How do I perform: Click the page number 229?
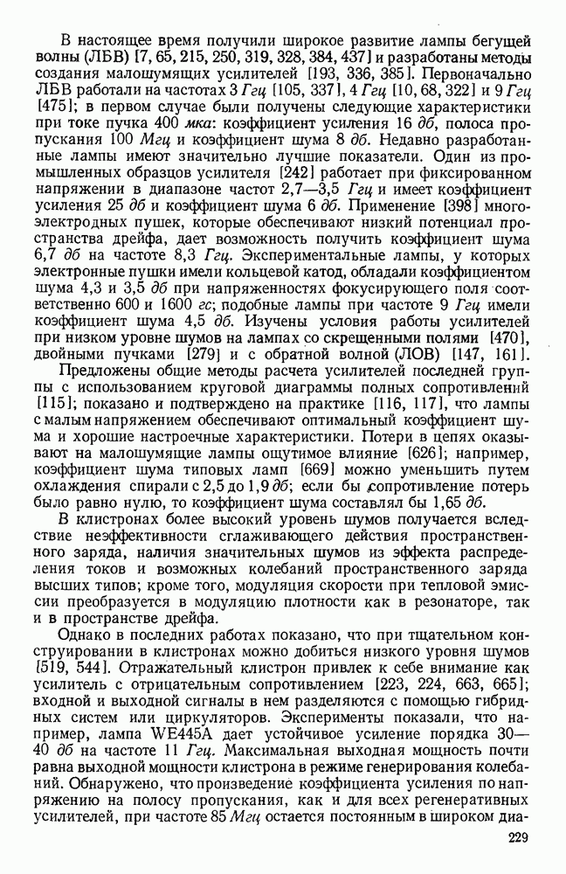click(x=519, y=839)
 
